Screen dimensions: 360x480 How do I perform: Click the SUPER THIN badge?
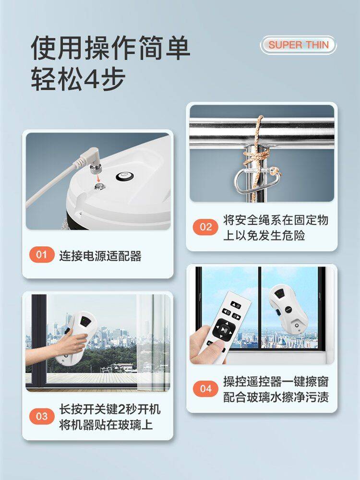click(298, 45)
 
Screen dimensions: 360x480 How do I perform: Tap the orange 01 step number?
click(42, 255)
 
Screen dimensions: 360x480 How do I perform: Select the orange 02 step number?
click(206, 227)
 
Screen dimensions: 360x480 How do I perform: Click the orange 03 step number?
click(42, 416)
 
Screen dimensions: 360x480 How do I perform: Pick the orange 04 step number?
click(206, 389)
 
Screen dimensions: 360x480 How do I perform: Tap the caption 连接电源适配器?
click(100, 256)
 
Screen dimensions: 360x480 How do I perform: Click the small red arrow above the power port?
click(98, 178)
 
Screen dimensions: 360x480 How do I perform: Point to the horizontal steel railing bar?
click(262, 130)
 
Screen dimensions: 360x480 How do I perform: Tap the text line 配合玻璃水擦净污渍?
click(276, 397)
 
